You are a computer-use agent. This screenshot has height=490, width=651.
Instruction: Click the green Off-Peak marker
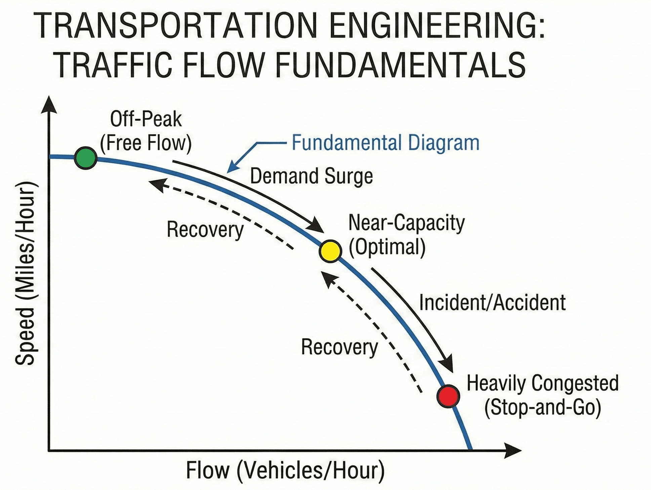coord(86,158)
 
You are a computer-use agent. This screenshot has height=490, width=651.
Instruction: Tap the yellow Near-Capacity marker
coord(330,251)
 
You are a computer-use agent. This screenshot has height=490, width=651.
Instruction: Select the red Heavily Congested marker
coord(448,396)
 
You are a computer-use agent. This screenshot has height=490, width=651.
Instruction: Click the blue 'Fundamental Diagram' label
coord(385,142)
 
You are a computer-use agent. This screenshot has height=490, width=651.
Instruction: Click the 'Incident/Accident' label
coord(492,302)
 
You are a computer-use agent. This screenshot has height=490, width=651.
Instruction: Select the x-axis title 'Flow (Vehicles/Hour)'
coord(285,470)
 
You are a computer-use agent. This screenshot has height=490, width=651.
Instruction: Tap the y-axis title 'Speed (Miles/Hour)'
coord(25,273)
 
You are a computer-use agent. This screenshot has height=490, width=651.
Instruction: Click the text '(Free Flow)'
coord(146,143)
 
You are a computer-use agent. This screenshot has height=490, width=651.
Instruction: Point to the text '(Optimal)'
coord(387,247)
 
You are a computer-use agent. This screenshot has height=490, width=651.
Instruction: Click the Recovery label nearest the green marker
coord(205,230)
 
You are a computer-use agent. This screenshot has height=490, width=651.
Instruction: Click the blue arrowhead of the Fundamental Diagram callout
coord(232,168)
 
